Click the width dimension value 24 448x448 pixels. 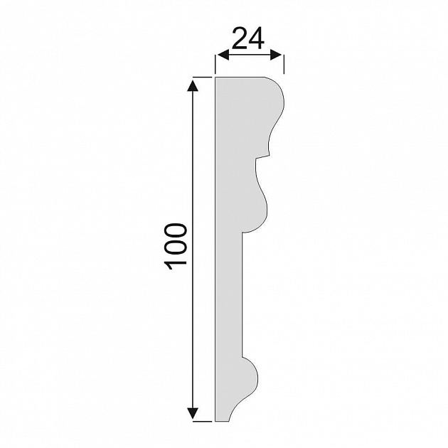(248, 38)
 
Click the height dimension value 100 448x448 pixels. (176, 247)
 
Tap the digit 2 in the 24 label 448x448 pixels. (240, 38)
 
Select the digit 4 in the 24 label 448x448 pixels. (256, 38)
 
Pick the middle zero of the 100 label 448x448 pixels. (176, 247)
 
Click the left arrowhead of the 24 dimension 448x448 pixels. (223, 55)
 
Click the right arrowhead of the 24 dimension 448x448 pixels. (276, 55)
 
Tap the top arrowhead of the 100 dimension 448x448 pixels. (193, 86)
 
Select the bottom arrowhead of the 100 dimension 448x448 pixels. (193, 413)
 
